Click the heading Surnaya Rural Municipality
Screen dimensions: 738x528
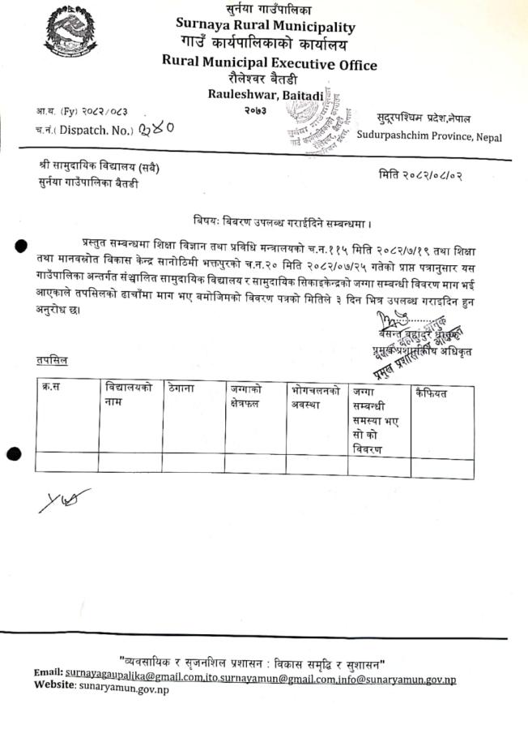(x=266, y=27)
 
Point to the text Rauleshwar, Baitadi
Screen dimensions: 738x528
(x=265, y=96)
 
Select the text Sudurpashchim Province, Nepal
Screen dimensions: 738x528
(x=429, y=137)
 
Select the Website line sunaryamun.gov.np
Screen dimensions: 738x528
(x=101, y=689)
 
